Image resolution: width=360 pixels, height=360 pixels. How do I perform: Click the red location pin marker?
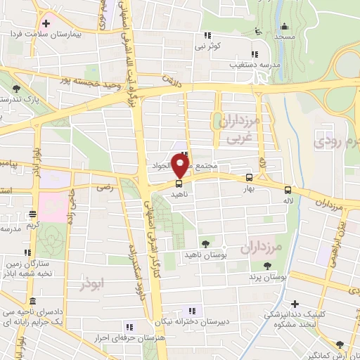pyautogui.click(x=180, y=167)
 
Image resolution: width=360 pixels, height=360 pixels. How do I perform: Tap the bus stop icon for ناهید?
pyautogui.click(x=178, y=184)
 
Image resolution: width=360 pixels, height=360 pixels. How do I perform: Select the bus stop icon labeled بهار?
pyautogui.click(x=249, y=177)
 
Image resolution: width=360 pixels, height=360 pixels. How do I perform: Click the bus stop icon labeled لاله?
pyautogui.click(x=287, y=189)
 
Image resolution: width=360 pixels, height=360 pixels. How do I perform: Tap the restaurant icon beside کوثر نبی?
pyautogui.click(x=207, y=35)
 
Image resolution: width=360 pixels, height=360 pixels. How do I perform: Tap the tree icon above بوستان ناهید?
pyautogui.click(x=205, y=243)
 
